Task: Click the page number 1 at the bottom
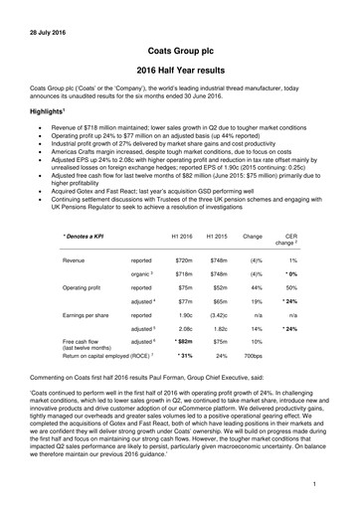313,483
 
